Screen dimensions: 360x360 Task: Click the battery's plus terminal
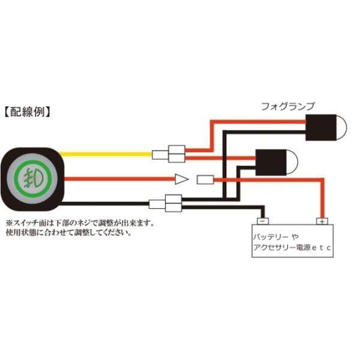[323, 221]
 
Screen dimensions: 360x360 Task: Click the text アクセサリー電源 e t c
[292, 247]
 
